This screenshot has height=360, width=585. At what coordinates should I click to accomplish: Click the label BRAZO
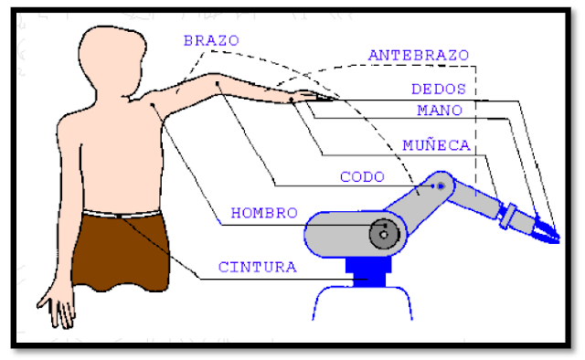point(211,41)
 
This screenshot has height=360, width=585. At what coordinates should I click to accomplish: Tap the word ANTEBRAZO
point(418,55)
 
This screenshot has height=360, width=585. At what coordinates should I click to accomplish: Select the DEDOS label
point(439,90)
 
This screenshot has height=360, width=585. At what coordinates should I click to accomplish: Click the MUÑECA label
point(436,145)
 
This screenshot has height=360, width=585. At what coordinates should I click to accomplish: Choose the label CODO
point(362,176)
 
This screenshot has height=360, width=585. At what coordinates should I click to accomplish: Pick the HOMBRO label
point(264,213)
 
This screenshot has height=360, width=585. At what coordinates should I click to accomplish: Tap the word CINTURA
point(257,268)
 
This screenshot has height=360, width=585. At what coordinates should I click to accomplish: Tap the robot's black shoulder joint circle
point(385,234)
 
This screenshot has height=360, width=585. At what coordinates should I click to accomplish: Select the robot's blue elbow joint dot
point(441,185)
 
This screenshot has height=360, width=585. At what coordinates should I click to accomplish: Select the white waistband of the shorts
point(119,215)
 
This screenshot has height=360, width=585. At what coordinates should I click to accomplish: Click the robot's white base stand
point(366,311)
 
